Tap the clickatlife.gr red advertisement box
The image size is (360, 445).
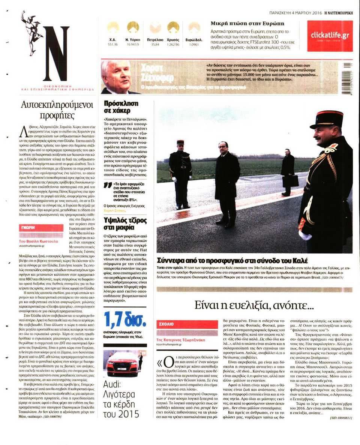(330, 36)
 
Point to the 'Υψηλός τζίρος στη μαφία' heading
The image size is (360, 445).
(125, 224)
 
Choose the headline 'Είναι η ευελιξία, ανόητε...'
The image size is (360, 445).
(254, 305)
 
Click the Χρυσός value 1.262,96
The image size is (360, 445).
(173, 44)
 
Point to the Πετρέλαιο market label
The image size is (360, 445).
(154, 39)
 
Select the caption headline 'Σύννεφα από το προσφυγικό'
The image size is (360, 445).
(231, 260)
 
